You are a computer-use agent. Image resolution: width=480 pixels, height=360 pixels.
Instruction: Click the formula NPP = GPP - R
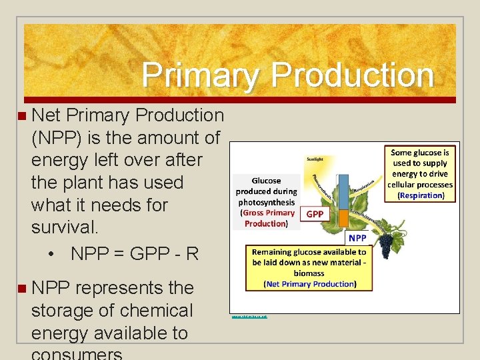tap(134, 254)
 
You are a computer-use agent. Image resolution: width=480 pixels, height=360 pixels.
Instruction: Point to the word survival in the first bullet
tap(64, 227)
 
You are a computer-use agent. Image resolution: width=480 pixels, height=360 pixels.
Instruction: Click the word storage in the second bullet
tap(64, 311)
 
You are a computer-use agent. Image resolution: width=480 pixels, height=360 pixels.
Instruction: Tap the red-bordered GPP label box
tap(315, 214)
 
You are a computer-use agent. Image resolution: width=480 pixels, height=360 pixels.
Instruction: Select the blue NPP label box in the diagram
tap(357, 237)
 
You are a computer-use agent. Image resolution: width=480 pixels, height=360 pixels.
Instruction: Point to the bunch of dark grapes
tap(386, 247)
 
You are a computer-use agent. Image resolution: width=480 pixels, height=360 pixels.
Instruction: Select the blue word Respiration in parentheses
tap(420, 195)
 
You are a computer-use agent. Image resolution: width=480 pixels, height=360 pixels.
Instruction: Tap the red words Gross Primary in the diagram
tap(269, 213)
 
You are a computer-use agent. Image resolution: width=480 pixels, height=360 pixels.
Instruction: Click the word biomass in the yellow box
tap(309, 273)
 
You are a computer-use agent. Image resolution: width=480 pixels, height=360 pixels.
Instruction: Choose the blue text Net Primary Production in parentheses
tap(309, 284)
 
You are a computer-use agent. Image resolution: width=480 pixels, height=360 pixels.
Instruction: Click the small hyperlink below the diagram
tap(249, 316)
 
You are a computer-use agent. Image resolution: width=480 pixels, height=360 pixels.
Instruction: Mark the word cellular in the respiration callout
tap(404, 185)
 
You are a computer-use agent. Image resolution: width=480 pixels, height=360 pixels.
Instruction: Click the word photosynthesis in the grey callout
tap(266, 202)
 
